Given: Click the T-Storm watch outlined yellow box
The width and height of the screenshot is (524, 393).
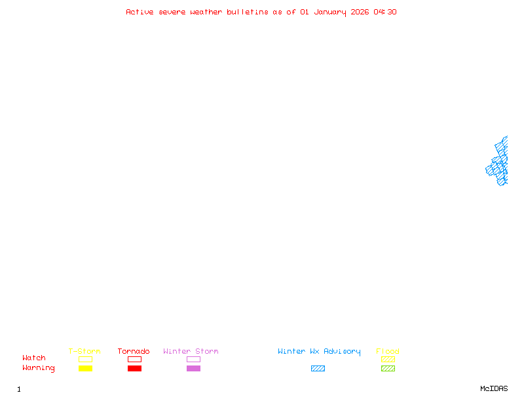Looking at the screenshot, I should tap(85, 359).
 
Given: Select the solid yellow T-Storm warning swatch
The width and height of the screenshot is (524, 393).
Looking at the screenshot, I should tap(85, 368).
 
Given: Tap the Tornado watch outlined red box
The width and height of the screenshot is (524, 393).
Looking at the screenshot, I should tap(134, 359).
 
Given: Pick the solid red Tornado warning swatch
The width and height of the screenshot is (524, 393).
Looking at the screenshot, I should tap(134, 368).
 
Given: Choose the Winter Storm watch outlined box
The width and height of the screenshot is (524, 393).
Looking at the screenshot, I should tap(193, 359).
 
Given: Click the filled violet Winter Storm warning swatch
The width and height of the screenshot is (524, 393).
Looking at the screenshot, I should tap(193, 368).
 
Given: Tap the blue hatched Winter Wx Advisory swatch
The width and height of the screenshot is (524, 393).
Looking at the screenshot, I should tap(318, 368).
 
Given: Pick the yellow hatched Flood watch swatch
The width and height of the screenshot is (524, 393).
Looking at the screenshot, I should tap(388, 359).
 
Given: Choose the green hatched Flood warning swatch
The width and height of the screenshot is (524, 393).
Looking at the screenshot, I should tap(388, 368).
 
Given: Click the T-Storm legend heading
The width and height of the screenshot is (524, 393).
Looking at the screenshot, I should tap(84, 351).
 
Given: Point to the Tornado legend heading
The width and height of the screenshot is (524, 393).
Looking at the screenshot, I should tap(134, 351).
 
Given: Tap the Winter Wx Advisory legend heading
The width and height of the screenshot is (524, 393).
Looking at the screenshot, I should tap(319, 351).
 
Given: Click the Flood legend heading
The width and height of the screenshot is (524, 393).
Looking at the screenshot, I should tap(388, 351).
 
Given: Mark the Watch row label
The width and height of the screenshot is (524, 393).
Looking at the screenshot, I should tap(34, 358).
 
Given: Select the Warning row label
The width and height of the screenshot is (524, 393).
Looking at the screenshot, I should tap(39, 368).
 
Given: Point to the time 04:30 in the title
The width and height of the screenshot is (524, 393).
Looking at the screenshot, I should tap(385, 12).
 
